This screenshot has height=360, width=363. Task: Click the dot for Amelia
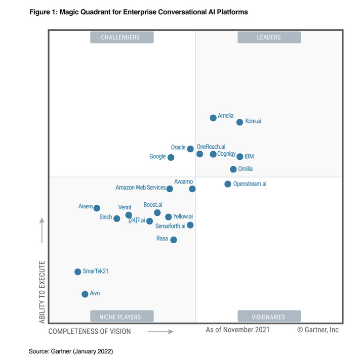click(x=213, y=118)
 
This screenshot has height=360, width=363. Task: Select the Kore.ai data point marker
click(x=239, y=122)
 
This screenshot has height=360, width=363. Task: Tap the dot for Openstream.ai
click(x=228, y=184)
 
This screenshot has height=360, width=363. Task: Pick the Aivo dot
click(x=85, y=294)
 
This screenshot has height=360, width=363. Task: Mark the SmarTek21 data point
click(x=77, y=272)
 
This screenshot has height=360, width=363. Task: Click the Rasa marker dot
click(x=174, y=240)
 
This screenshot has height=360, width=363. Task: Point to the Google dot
click(x=171, y=157)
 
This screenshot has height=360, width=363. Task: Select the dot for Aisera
click(x=97, y=208)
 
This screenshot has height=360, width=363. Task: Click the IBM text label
click(x=249, y=157)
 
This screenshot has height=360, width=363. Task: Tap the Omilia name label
click(x=246, y=169)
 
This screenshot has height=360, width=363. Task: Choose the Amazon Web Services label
click(x=141, y=188)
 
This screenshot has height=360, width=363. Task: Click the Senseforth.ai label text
click(x=171, y=226)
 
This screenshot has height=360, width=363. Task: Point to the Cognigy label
click(x=226, y=154)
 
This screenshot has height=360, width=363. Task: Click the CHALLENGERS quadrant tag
click(x=120, y=37)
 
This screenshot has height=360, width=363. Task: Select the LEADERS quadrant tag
click(x=269, y=37)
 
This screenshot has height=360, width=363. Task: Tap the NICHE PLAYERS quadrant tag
click(x=120, y=317)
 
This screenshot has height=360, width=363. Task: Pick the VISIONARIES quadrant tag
click(x=269, y=317)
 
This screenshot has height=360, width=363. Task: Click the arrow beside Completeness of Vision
click(x=160, y=332)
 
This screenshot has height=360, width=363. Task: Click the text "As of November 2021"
click(x=237, y=330)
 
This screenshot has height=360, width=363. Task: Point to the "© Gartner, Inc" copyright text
click(x=318, y=330)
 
